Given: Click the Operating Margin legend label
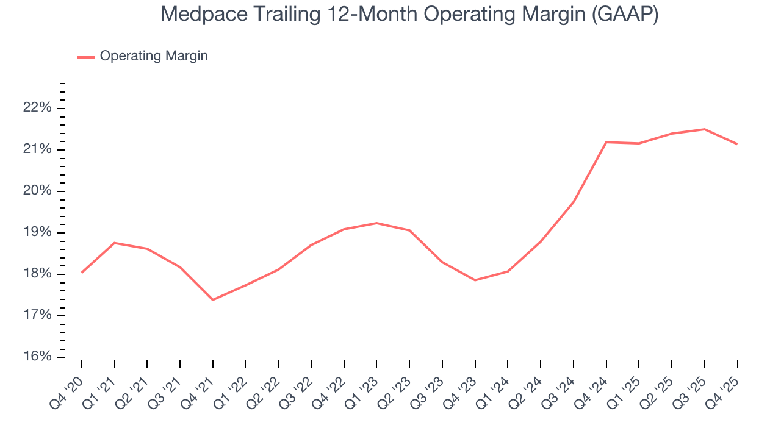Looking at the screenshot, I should [x=154, y=56].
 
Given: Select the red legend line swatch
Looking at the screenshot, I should [x=85, y=57].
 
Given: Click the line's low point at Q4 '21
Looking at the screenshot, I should [x=213, y=299].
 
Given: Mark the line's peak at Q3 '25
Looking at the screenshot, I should [x=705, y=129].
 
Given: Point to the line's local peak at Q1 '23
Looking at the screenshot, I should [x=376, y=223].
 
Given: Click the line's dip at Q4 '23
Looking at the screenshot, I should [x=475, y=280].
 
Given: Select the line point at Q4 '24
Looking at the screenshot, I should [x=606, y=142].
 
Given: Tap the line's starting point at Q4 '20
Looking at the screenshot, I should [x=82, y=272].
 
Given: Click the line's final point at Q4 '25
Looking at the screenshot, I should [x=737, y=144].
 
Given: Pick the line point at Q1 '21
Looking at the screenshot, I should [x=115, y=243].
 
